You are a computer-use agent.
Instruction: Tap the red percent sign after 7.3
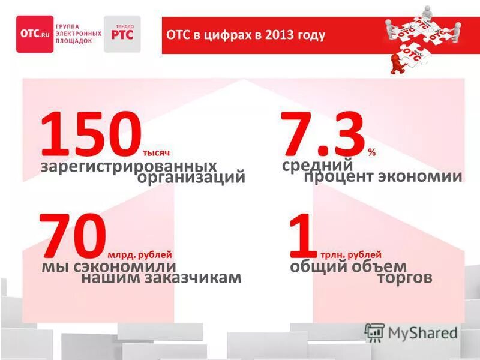[372, 152]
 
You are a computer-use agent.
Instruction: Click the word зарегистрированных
[128, 165]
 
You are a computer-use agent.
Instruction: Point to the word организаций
[191, 178]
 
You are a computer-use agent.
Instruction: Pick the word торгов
[405, 278]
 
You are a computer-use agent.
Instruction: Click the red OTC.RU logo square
[35, 34]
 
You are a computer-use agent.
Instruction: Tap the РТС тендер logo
[122, 34]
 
